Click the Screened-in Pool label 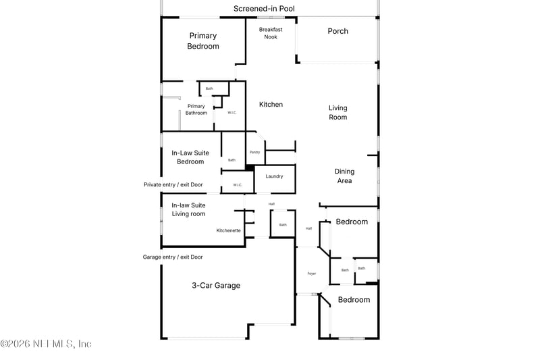(x=264, y=9)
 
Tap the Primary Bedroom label (x=204, y=41)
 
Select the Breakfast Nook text (x=271, y=33)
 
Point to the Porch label (x=338, y=31)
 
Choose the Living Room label (x=338, y=112)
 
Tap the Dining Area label (x=344, y=176)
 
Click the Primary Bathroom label (x=196, y=109)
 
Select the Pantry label (x=254, y=152)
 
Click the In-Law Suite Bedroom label (x=190, y=157)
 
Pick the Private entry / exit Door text (x=173, y=184)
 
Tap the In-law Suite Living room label (x=188, y=209)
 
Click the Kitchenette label (x=228, y=230)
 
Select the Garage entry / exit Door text (x=173, y=257)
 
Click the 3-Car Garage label (x=216, y=286)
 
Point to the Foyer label (x=312, y=273)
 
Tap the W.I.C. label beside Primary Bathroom (x=232, y=112)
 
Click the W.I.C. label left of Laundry (x=238, y=185)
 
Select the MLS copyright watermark (x=46, y=344)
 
